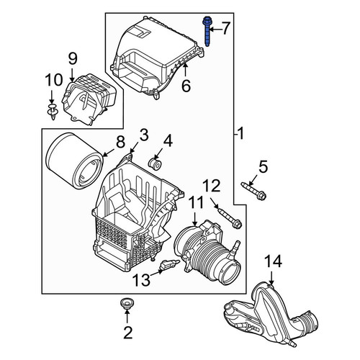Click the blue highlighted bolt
click(207, 31)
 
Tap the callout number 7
click(225, 28)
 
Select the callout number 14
click(273, 261)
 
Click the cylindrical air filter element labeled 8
click(74, 161)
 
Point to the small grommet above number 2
click(127, 304)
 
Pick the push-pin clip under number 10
click(53, 112)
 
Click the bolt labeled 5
click(253, 191)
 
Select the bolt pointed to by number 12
click(230, 218)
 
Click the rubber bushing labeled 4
click(155, 163)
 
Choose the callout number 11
click(196, 202)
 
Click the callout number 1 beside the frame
click(240, 133)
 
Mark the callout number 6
click(186, 86)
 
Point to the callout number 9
click(73, 59)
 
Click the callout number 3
click(144, 135)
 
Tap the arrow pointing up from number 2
click(127, 316)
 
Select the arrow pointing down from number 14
click(271, 278)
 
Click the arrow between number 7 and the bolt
click(215, 30)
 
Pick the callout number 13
click(142, 280)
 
